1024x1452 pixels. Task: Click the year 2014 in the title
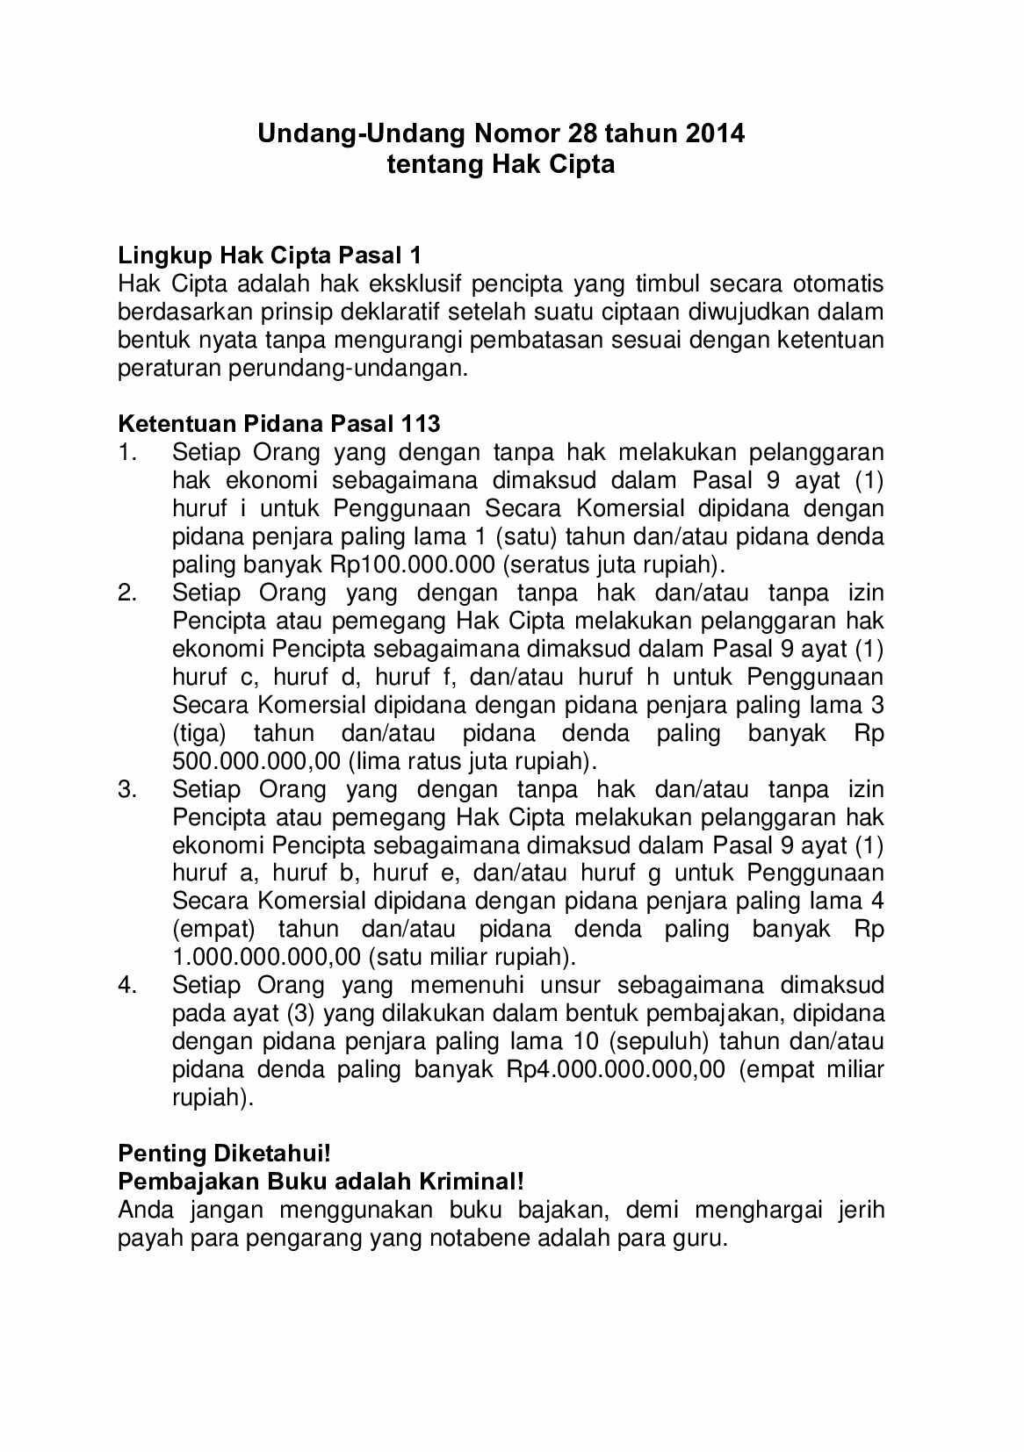tap(715, 133)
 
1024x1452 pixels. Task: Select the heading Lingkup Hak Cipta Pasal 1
tap(270, 255)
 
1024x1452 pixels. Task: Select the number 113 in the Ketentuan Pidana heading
tap(420, 424)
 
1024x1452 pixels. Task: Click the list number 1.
tap(127, 452)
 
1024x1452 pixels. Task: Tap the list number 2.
tap(127, 593)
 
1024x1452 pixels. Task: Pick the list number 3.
tap(127, 789)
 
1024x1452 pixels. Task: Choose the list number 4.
tap(127, 985)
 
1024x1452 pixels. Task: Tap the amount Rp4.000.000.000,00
tap(616, 1069)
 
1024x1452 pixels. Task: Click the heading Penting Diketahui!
tap(224, 1154)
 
